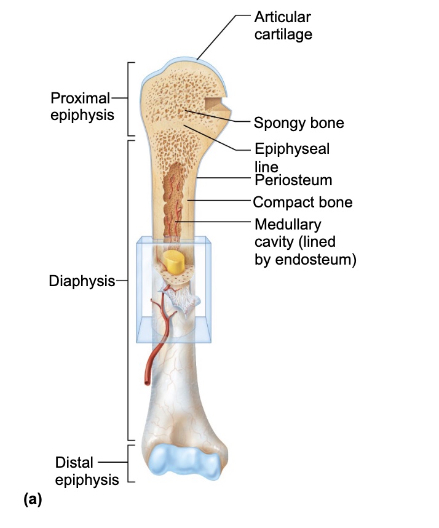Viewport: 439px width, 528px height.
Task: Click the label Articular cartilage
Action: [283, 26]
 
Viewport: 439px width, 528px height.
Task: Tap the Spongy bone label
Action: [299, 123]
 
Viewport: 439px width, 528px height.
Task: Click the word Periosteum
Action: [293, 180]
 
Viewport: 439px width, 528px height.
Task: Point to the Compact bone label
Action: [303, 202]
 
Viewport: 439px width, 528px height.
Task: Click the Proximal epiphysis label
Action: [82, 106]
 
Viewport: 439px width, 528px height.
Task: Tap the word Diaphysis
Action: [82, 281]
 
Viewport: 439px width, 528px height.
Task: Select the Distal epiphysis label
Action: [86, 471]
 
